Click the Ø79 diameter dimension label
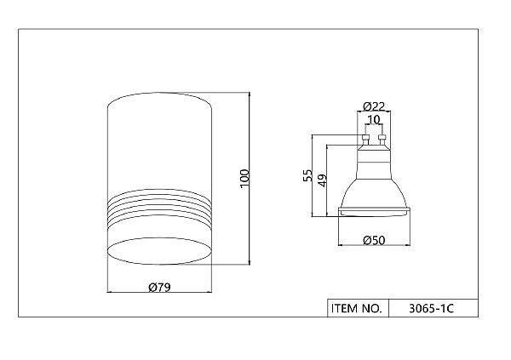(159, 287)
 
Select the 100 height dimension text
(244, 178)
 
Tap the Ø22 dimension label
(374, 106)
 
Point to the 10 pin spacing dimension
(374, 119)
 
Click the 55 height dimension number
(307, 175)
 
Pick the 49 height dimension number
(322, 180)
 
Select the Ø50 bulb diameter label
(374, 241)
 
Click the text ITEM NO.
(356, 308)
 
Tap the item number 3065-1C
(431, 308)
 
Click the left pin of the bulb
(365, 140)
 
